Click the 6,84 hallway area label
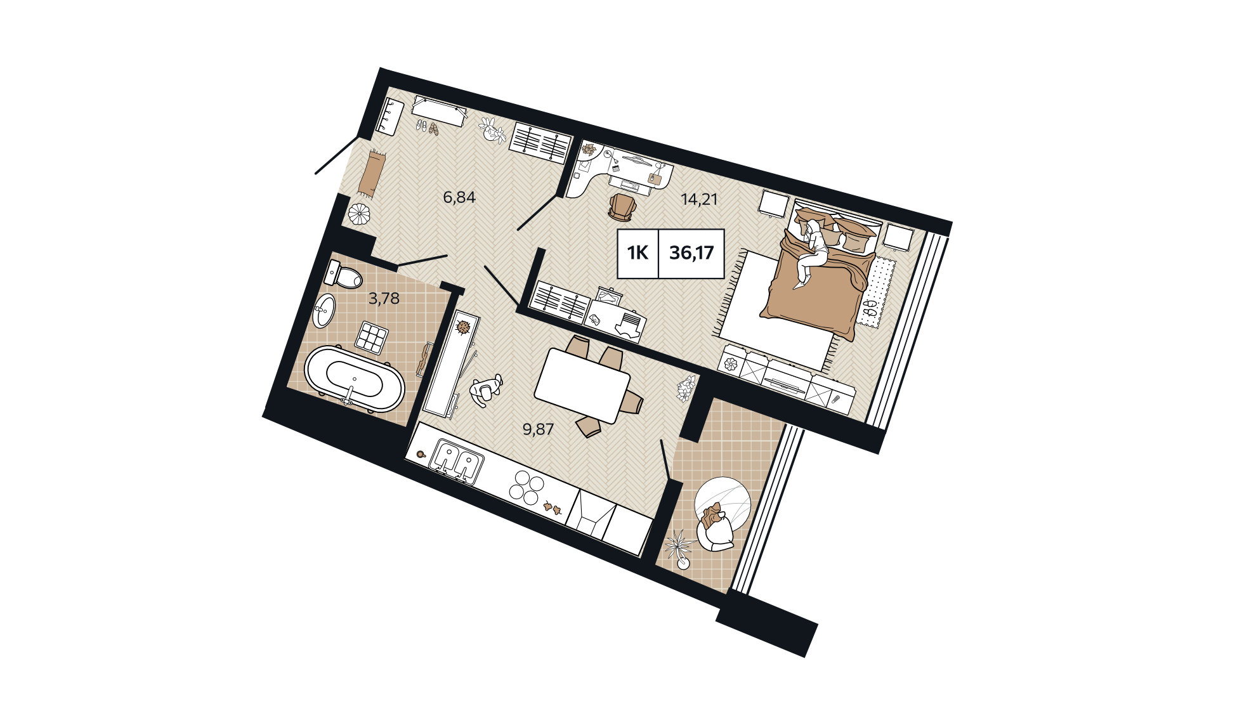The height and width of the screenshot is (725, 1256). [459, 197]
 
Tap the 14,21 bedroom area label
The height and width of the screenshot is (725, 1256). [699, 199]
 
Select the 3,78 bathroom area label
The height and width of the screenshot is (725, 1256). [384, 298]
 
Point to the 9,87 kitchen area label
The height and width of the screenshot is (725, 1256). [538, 429]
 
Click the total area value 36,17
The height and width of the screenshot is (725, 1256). [691, 253]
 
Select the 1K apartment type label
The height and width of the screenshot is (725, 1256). [638, 253]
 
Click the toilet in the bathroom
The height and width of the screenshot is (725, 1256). [342, 274]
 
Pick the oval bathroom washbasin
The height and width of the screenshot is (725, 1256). [325, 310]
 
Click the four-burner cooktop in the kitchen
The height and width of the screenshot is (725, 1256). [527, 487]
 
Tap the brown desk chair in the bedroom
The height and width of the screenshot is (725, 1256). [621, 207]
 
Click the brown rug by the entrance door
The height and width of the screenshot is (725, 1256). [369, 172]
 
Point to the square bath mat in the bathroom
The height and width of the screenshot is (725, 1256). [372, 337]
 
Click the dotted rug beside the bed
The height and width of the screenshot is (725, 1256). [876, 290]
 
